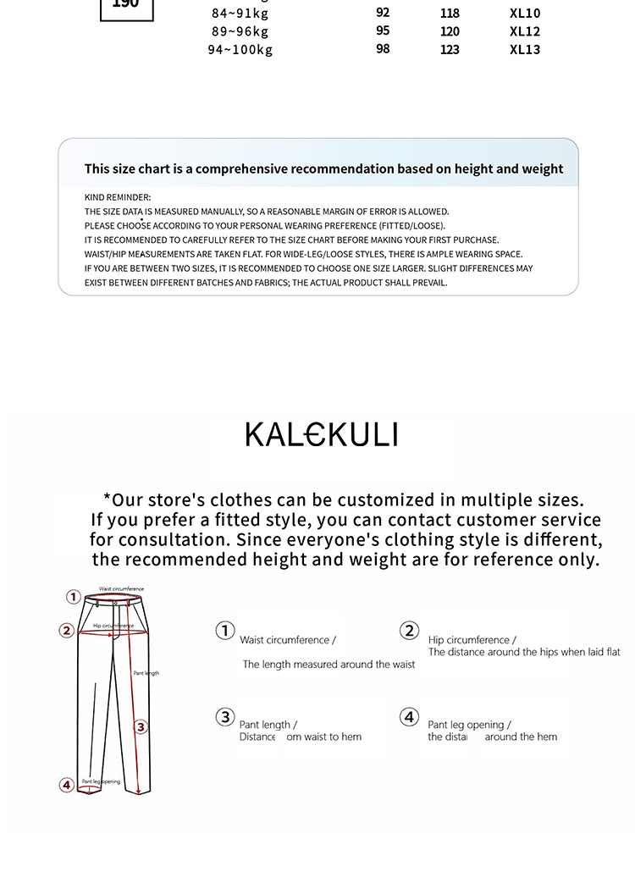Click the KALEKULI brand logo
pos(321,434)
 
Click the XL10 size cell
pos(525,14)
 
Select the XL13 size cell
pos(525,50)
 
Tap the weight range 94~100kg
pos(240,50)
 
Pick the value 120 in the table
pos(450,32)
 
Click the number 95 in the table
pos(383,31)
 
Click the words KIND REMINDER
pos(118,197)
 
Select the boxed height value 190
pos(126,5)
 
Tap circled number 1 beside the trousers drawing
pos(74,597)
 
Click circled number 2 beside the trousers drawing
pos(66,630)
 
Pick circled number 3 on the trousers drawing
pos(141,726)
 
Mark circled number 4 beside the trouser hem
pos(66,785)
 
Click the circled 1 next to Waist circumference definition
pos(224,631)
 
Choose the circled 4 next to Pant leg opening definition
pos(409,717)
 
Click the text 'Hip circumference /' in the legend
pos(472,640)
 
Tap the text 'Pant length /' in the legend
pos(268,725)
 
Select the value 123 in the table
pos(450,50)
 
